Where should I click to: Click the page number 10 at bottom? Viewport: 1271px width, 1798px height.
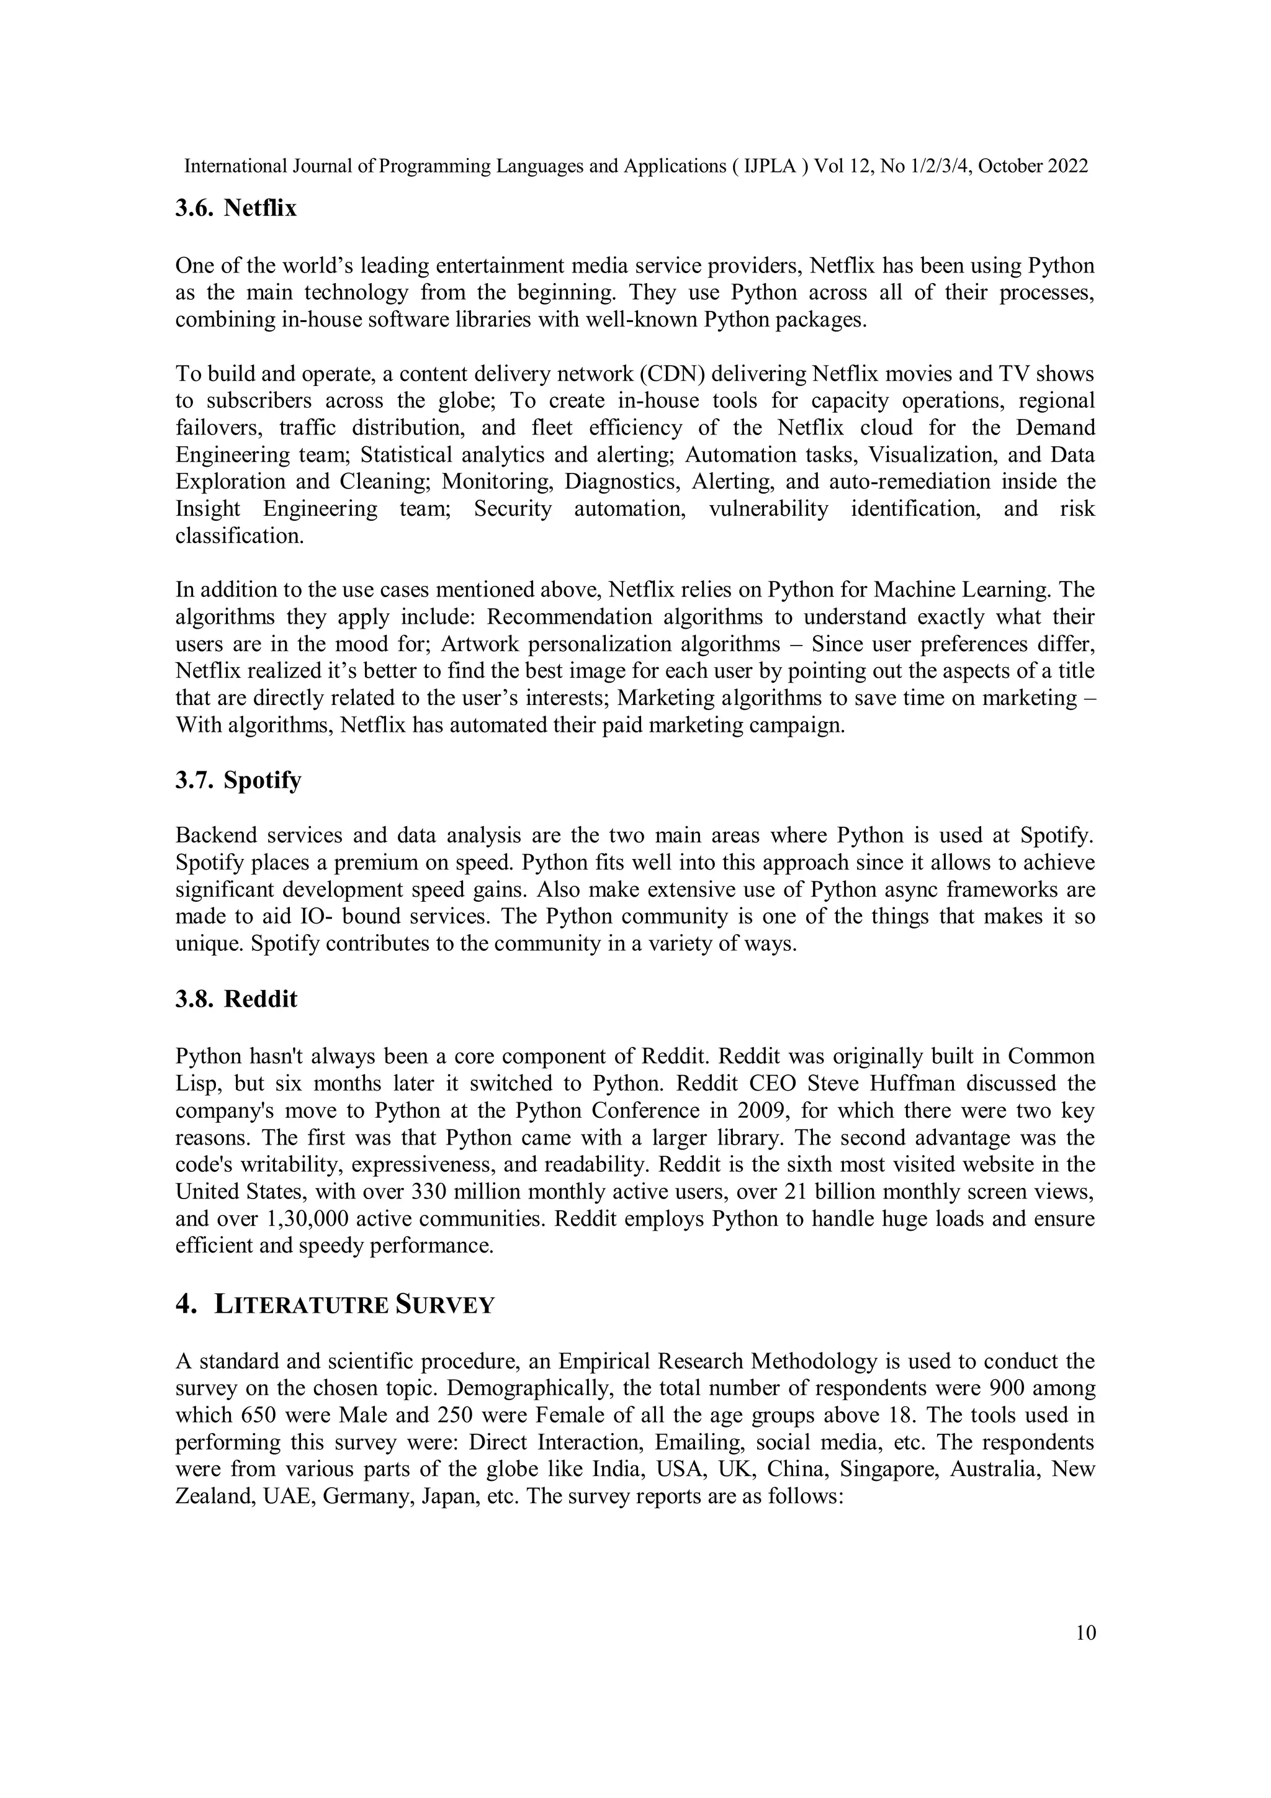1085,1633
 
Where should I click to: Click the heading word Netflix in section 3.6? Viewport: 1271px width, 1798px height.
260,209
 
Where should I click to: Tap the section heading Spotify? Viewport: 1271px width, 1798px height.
261,781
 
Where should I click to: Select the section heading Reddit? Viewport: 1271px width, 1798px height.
260,999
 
